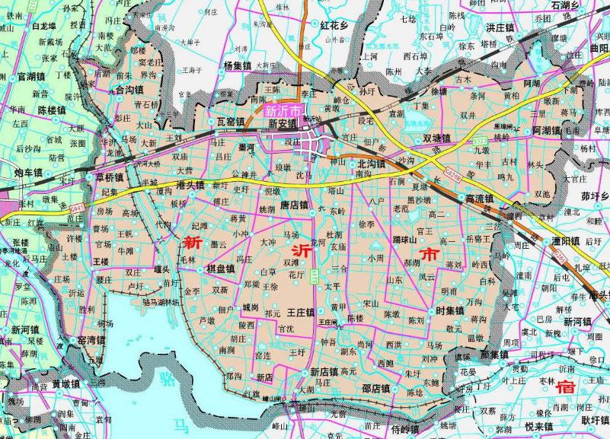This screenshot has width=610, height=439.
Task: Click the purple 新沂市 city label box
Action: coord(281,110)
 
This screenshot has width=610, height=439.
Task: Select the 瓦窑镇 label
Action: coord(229,122)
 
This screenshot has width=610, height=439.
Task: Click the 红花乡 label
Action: coord(334,26)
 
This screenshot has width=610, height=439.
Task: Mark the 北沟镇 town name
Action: coord(371,164)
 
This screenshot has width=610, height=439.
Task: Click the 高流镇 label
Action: coord(480,199)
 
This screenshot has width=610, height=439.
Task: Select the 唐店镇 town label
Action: coord(294,205)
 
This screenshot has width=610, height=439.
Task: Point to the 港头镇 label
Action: coord(190,185)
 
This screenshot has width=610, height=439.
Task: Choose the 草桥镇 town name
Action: coord(109,177)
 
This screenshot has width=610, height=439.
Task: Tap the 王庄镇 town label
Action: coord(301,313)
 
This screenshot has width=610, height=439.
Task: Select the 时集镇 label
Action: coord(450,310)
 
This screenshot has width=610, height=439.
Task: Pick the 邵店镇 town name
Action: coord(376,389)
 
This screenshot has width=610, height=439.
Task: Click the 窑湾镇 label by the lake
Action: coord(91,339)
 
